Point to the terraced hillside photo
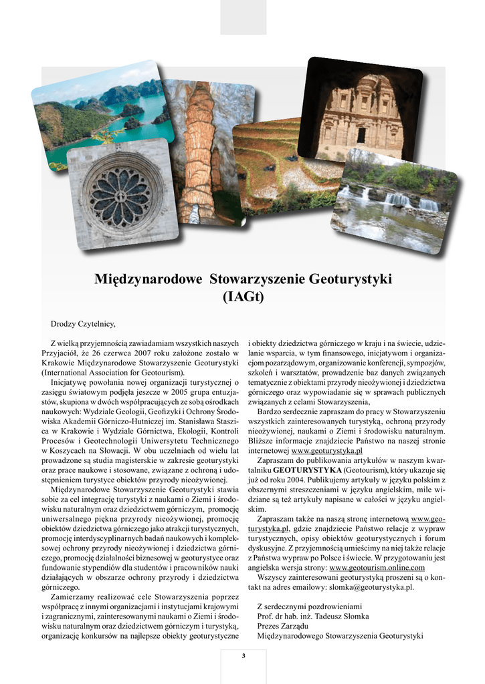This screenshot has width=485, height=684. [281, 167]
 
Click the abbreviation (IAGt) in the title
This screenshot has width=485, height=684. [243, 296]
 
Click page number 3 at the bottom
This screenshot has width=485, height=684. [244, 655]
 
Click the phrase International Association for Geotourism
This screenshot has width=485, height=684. [113, 372]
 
